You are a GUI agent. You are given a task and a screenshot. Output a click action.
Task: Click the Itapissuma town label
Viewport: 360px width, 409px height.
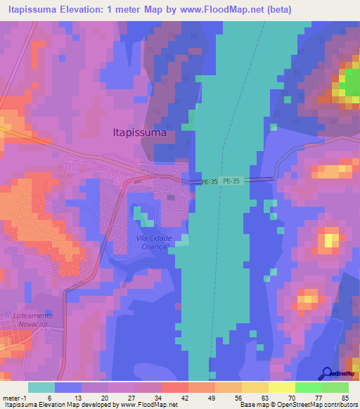(x=139, y=131)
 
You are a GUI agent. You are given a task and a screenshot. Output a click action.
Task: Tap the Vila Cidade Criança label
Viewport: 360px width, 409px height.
(x=149, y=242)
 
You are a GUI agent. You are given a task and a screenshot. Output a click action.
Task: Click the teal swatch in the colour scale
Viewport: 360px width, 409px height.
(x=41, y=387)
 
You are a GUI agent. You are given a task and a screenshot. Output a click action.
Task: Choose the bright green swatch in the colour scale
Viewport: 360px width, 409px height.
(x=309, y=387)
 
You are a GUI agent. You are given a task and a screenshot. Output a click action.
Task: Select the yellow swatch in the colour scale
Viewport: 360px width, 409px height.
(x=282, y=387)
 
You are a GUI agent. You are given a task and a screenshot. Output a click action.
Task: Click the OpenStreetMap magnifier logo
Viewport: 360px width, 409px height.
(x=326, y=372)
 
